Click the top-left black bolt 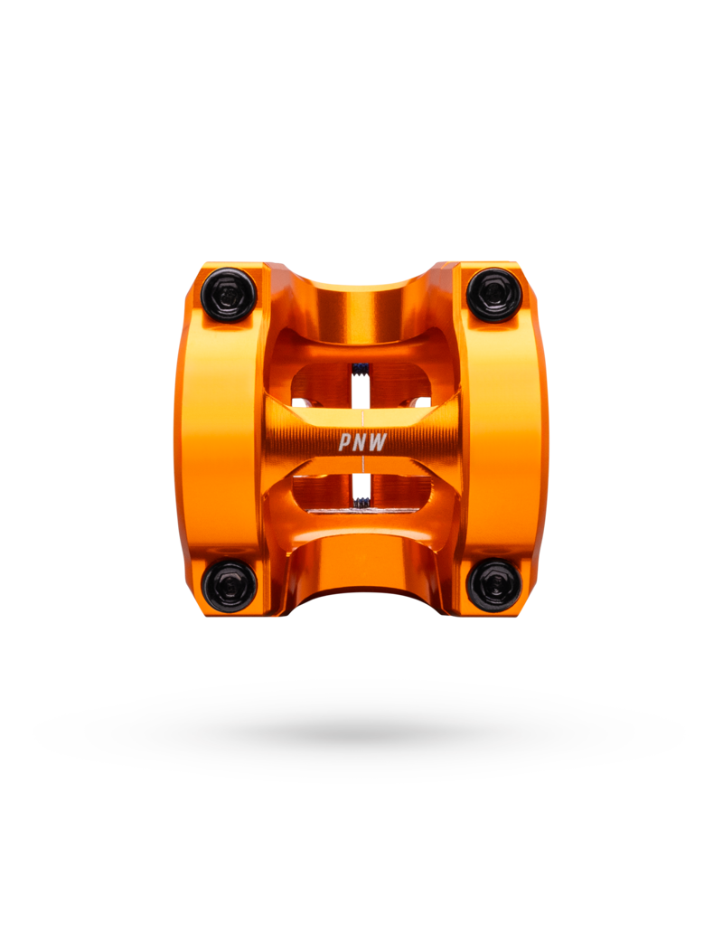tap(229, 295)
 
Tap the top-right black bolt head tap(493, 295)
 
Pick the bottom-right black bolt tap(493, 586)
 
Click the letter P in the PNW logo tap(346, 442)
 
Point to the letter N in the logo tap(361, 442)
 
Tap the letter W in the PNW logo tap(379, 442)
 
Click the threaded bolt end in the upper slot tap(360, 370)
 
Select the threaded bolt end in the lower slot tap(360, 502)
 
